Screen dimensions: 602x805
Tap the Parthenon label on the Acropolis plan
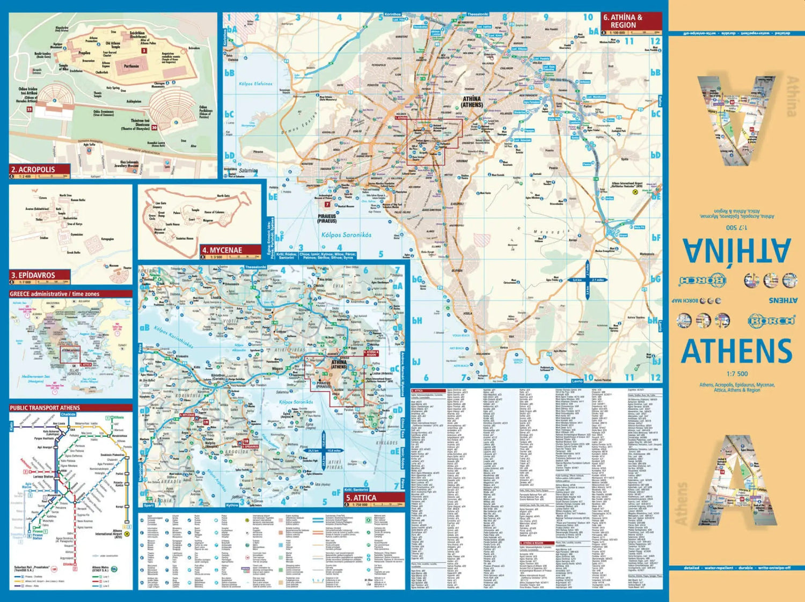coord(131,67)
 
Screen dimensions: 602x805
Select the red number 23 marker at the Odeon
coord(30,109)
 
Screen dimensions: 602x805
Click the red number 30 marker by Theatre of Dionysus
coord(155,128)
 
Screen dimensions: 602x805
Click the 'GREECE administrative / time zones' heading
coord(54,294)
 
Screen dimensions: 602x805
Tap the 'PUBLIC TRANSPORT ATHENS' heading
coord(45,408)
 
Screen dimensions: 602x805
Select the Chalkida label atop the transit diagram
coord(68,415)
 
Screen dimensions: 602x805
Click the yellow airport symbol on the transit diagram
coord(127,534)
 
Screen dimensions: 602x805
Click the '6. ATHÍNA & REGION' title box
coord(623,21)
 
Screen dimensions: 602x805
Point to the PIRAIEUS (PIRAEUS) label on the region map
coord(327,218)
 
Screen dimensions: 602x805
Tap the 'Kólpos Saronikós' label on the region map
coord(346,235)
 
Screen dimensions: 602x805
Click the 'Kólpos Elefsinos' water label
coord(255,84)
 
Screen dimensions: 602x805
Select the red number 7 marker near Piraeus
coord(327,204)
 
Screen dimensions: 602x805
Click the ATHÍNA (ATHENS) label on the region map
coord(472,102)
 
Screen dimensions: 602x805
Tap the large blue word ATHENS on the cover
coord(736,351)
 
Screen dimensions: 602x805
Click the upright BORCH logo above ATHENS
coord(771,321)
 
